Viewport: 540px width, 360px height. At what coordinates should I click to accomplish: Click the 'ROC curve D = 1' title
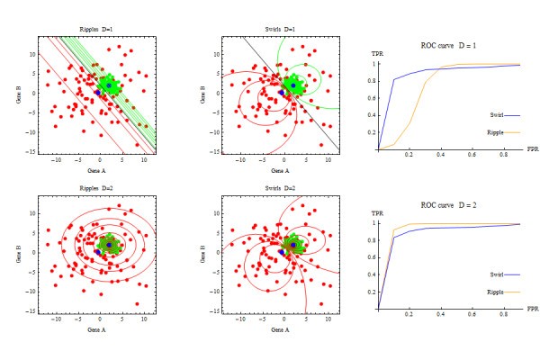pos(447,44)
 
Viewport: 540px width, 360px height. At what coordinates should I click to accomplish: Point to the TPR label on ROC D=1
pos(378,55)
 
